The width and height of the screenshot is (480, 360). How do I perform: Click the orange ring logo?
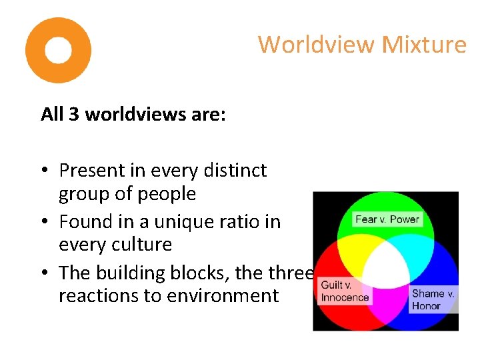coord(58,50)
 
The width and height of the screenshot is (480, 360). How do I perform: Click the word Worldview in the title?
coord(317,45)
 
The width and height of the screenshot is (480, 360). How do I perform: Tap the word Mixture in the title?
coord(424,45)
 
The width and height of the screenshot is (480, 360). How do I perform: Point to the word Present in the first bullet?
coord(92,171)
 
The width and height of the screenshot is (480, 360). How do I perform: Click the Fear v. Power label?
coord(387,219)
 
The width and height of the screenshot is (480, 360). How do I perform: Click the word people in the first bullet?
coord(170,194)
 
